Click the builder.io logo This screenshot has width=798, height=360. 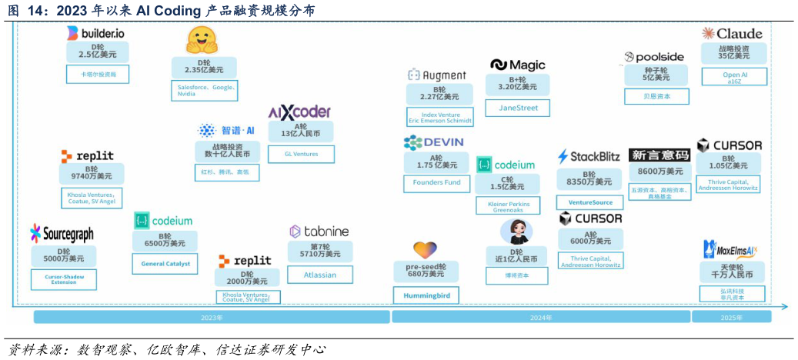(x=95, y=33)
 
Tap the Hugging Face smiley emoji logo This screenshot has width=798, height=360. (x=202, y=40)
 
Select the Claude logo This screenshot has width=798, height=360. (x=732, y=34)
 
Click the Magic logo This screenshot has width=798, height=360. (x=518, y=65)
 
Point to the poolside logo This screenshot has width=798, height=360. (x=654, y=58)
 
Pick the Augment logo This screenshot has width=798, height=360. (x=437, y=75)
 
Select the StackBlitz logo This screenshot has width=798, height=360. (x=589, y=157)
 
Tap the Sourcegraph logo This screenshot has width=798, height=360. (x=62, y=234)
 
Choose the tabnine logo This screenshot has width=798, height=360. (x=319, y=231)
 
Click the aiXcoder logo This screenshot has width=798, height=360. (x=299, y=112)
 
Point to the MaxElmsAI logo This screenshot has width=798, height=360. (x=730, y=249)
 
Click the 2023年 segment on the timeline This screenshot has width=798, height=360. (x=211, y=317)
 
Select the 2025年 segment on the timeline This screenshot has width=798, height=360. (x=731, y=317)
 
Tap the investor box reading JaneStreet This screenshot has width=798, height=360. (x=518, y=108)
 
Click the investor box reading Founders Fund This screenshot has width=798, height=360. (x=436, y=183)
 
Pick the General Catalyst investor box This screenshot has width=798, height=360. (x=165, y=264)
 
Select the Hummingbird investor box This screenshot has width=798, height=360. (x=426, y=295)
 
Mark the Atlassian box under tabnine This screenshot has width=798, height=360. (x=320, y=275)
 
